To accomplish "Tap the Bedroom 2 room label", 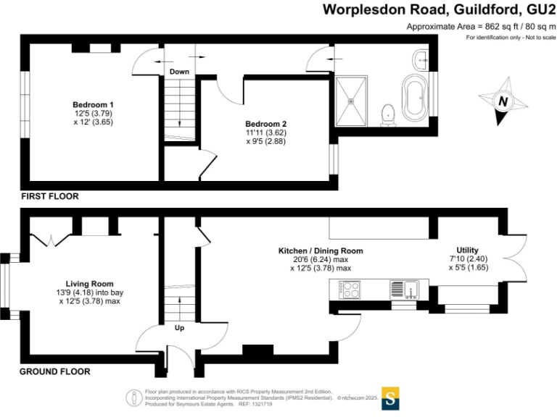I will tap(262, 124).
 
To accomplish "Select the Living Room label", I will tap(89, 283).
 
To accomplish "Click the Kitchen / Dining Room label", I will tap(321, 251).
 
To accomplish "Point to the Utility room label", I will tap(467, 250).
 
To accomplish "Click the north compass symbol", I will tap(501, 101).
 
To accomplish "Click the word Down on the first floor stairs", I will tap(179, 72).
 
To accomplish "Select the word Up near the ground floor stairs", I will tap(179, 327).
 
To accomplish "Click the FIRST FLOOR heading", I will tap(49, 196).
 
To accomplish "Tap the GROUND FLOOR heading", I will tap(55, 371).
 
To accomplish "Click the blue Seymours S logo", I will tap(391, 397).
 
